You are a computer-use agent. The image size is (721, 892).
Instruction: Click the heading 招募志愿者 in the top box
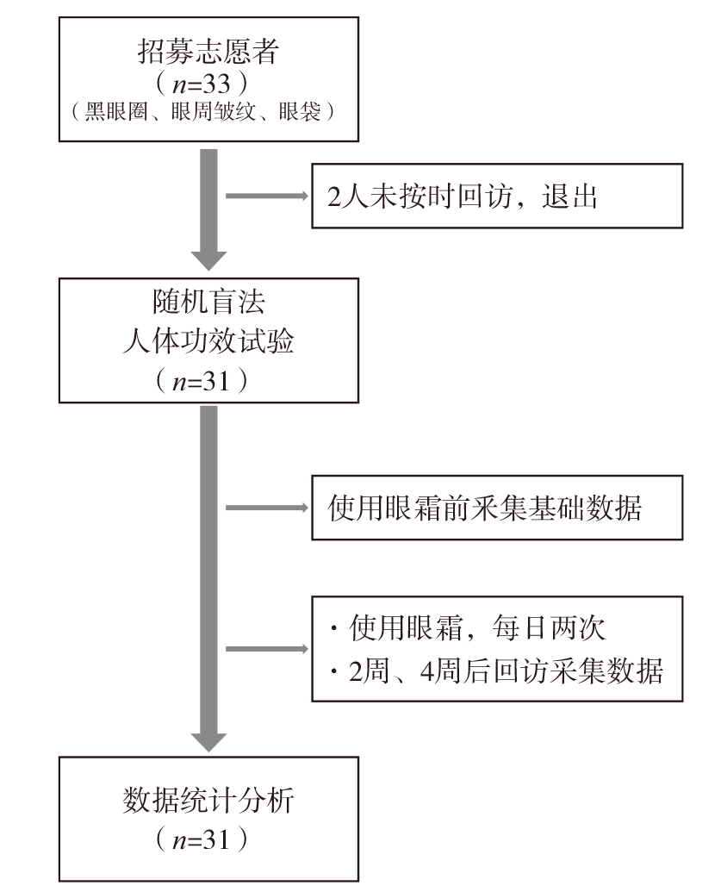click(208, 51)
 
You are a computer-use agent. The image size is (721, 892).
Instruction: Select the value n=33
click(202, 84)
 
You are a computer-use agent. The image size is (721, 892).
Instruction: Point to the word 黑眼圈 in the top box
click(115, 111)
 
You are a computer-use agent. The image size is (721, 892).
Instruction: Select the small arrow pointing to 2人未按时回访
click(267, 196)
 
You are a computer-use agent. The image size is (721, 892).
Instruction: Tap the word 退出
click(569, 196)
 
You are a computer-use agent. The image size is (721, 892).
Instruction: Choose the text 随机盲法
click(208, 303)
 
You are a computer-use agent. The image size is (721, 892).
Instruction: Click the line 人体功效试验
click(208, 341)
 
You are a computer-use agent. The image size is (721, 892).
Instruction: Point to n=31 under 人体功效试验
click(202, 381)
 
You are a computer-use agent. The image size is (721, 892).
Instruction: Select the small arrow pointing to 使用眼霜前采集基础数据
click(267, 508)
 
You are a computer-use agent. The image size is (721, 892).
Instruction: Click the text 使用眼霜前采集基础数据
click(484, 508)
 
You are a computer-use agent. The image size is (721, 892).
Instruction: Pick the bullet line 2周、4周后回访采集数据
click(496, 671)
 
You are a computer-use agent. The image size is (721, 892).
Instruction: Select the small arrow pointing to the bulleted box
click(267, 649)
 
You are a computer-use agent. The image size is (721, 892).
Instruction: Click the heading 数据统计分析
click(208, 801)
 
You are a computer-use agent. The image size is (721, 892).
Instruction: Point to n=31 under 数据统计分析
click(202, 840)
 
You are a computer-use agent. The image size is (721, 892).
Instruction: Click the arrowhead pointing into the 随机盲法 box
click(208, 260)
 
